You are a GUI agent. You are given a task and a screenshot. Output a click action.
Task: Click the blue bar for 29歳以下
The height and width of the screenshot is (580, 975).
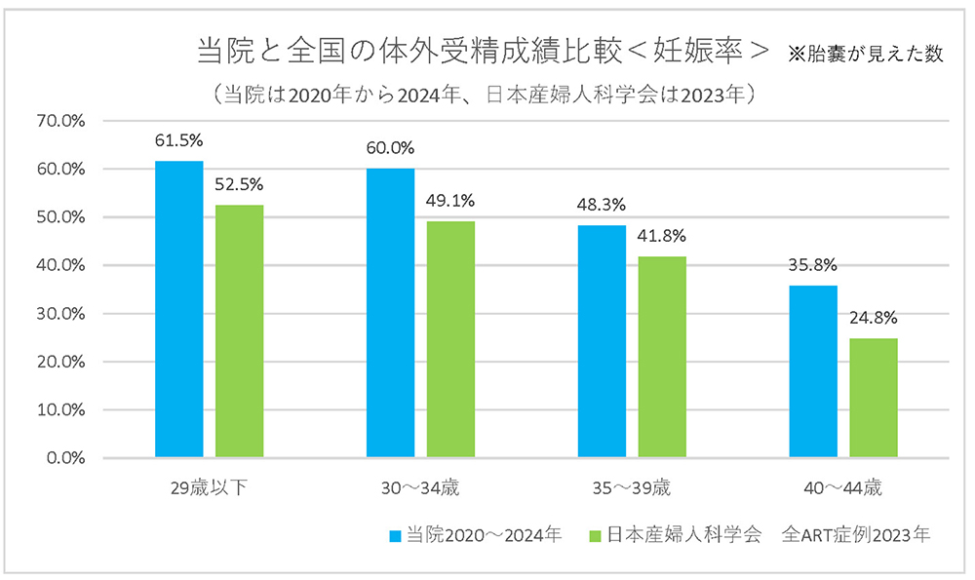[179, 309]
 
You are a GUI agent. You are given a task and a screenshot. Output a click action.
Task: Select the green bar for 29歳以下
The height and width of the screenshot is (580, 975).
[239, 330]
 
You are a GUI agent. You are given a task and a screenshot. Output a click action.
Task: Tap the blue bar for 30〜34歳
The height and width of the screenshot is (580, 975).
[390, 312]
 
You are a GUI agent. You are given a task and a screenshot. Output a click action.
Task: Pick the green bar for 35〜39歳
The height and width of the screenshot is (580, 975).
[662, 356]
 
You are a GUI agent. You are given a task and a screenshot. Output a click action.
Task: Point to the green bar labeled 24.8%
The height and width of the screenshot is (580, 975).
[874, 398]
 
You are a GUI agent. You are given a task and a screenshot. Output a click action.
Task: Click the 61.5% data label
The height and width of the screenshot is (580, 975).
[179, 139]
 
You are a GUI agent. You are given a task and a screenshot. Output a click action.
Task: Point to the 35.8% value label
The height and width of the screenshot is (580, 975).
[812, 265]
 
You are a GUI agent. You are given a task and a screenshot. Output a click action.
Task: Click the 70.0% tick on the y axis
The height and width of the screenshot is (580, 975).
[60, 121]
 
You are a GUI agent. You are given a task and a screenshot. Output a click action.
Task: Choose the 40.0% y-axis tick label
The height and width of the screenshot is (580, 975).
[60, 265]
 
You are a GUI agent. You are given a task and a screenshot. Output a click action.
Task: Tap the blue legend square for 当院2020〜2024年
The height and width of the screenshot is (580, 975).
[394, 535]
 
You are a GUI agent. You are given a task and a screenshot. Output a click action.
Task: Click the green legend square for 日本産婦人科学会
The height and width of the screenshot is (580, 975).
[596, 535]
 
